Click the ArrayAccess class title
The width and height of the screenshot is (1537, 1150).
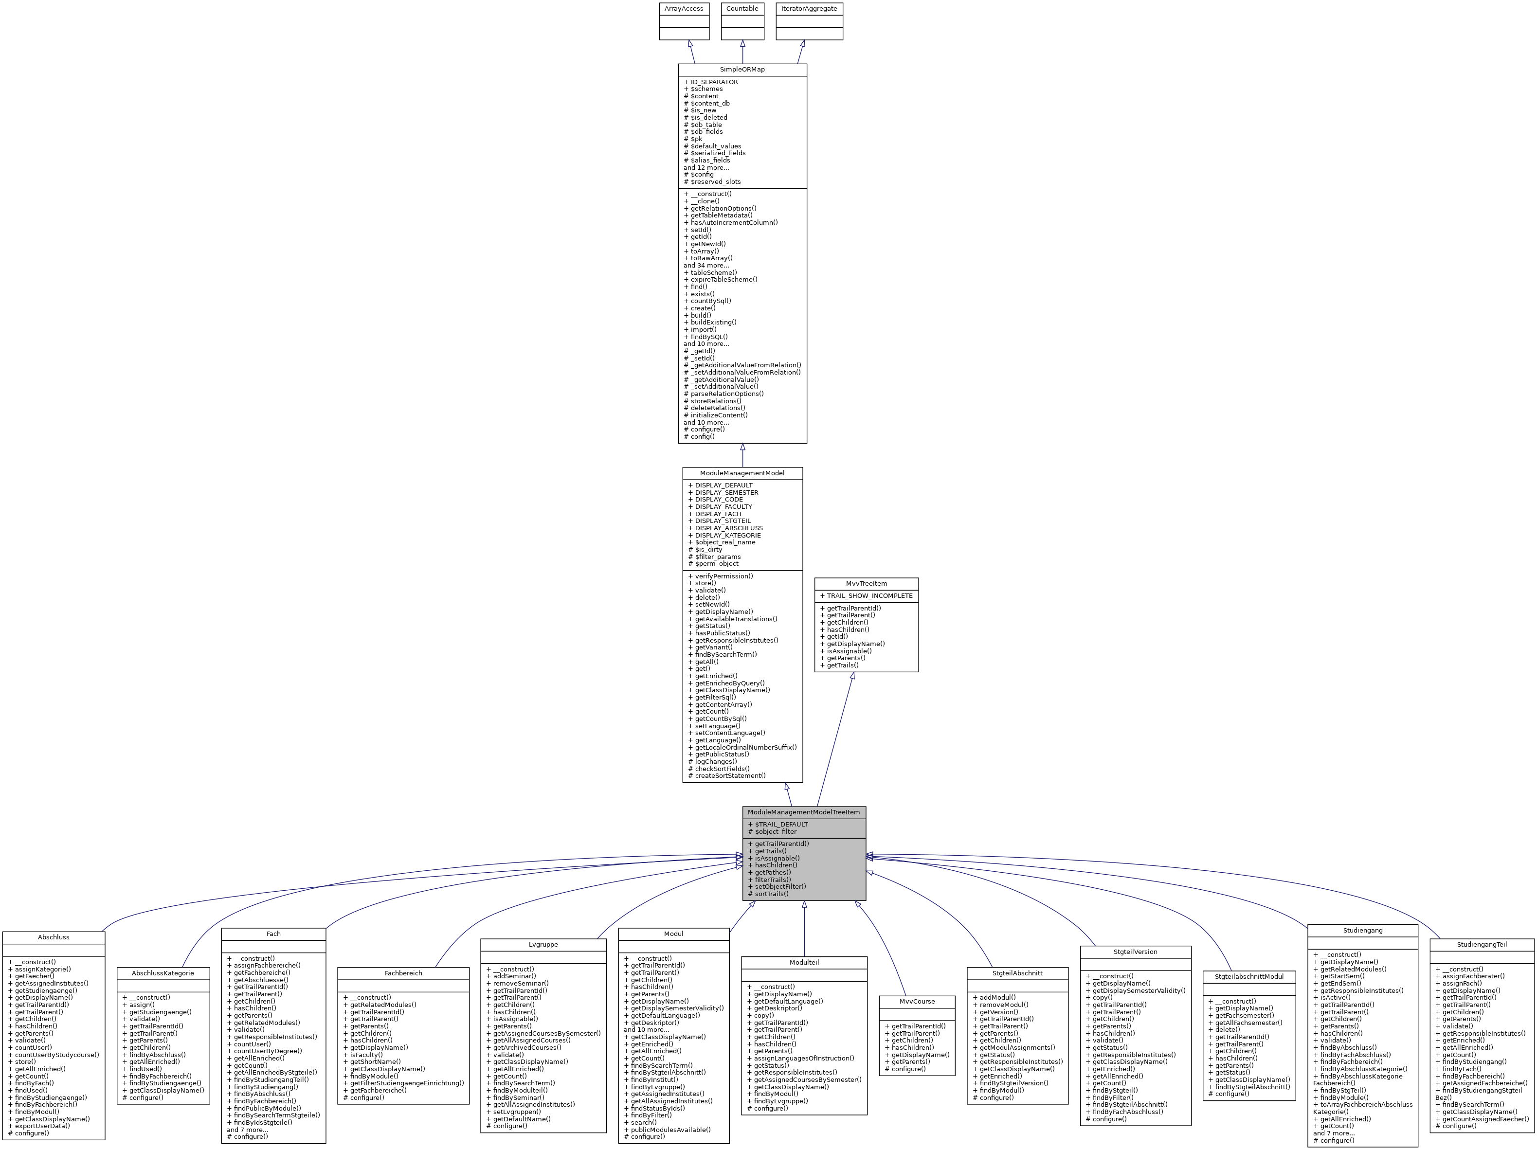pos(684,8)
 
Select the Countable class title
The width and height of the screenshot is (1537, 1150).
pos(742,8)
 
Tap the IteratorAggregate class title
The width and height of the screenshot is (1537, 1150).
pos(809,8)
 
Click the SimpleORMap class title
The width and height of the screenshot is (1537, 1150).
pos(742,70)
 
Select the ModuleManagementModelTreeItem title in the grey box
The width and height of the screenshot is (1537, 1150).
pos(803,811)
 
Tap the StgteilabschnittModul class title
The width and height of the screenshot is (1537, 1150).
pos(1248,977)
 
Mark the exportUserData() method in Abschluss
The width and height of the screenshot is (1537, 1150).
pos(42,1126)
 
